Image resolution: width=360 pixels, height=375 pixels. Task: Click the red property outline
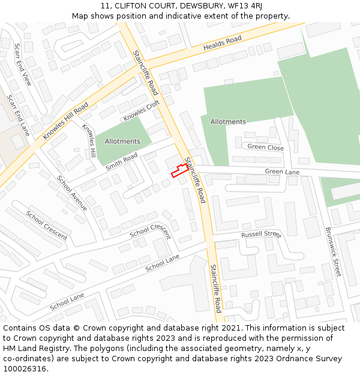click(x=179, y=170)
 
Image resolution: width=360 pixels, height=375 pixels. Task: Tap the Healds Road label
click(x=222, y=43)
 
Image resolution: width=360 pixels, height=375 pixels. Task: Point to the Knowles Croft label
click(x=142, y=110)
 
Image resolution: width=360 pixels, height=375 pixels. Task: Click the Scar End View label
click(x=23, y=64)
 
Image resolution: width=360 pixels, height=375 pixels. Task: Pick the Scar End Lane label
click(x=18, y=115)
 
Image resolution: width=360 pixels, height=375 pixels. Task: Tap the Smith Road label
click(x=121, y=161)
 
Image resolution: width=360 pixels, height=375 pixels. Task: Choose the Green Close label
click(x=266, y=147)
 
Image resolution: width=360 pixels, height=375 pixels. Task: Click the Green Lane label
click(x=282, y=172)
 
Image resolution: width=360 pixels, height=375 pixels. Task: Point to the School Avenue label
click(x=72, y=193)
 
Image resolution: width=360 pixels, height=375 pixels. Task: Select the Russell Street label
click(x=261, y=234)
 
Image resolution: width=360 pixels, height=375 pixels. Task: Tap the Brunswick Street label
click(x=332, y=251)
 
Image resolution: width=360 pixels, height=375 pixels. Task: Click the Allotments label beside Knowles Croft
click(x=122, y=142)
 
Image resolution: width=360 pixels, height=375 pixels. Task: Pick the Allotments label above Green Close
click(x=228, y=122)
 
